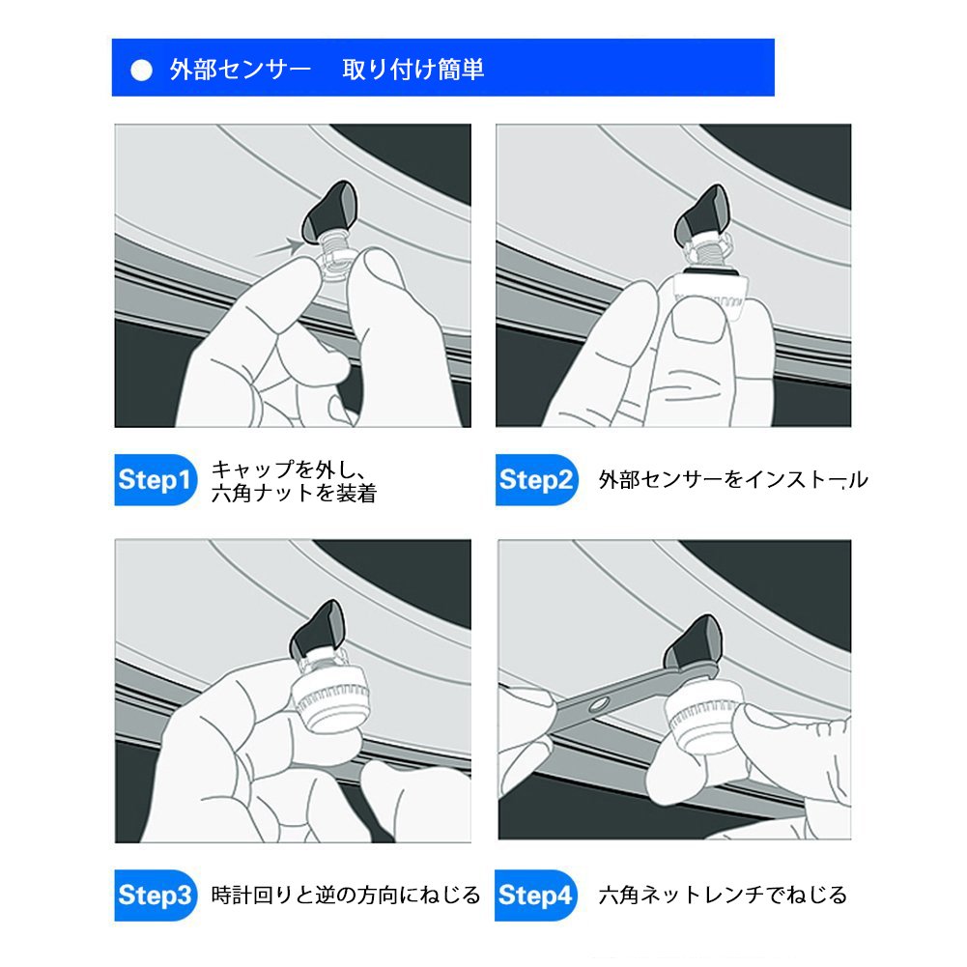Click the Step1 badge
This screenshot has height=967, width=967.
[x=156, y=480]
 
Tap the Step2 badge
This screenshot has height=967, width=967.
[x=536, y=480]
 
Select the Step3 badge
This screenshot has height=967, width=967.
[x=156, y=895]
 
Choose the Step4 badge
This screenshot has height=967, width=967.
[x=535, y=895]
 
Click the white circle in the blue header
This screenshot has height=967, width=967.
[x=142, y=71]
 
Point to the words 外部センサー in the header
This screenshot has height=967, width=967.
[x=241, y=70]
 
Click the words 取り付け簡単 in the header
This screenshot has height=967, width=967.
[x=413, y=70]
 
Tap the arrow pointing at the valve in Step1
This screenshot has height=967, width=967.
[x=279, y=248]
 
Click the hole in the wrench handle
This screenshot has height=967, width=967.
[x=598, y=703]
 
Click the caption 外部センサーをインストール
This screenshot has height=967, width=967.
[x=733, y=480]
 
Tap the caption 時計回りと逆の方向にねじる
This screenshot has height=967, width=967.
[x=346, y=895]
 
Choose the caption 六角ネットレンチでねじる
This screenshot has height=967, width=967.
[x=724, y=895]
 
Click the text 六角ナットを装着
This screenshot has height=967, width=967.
[x=295, y=494]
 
